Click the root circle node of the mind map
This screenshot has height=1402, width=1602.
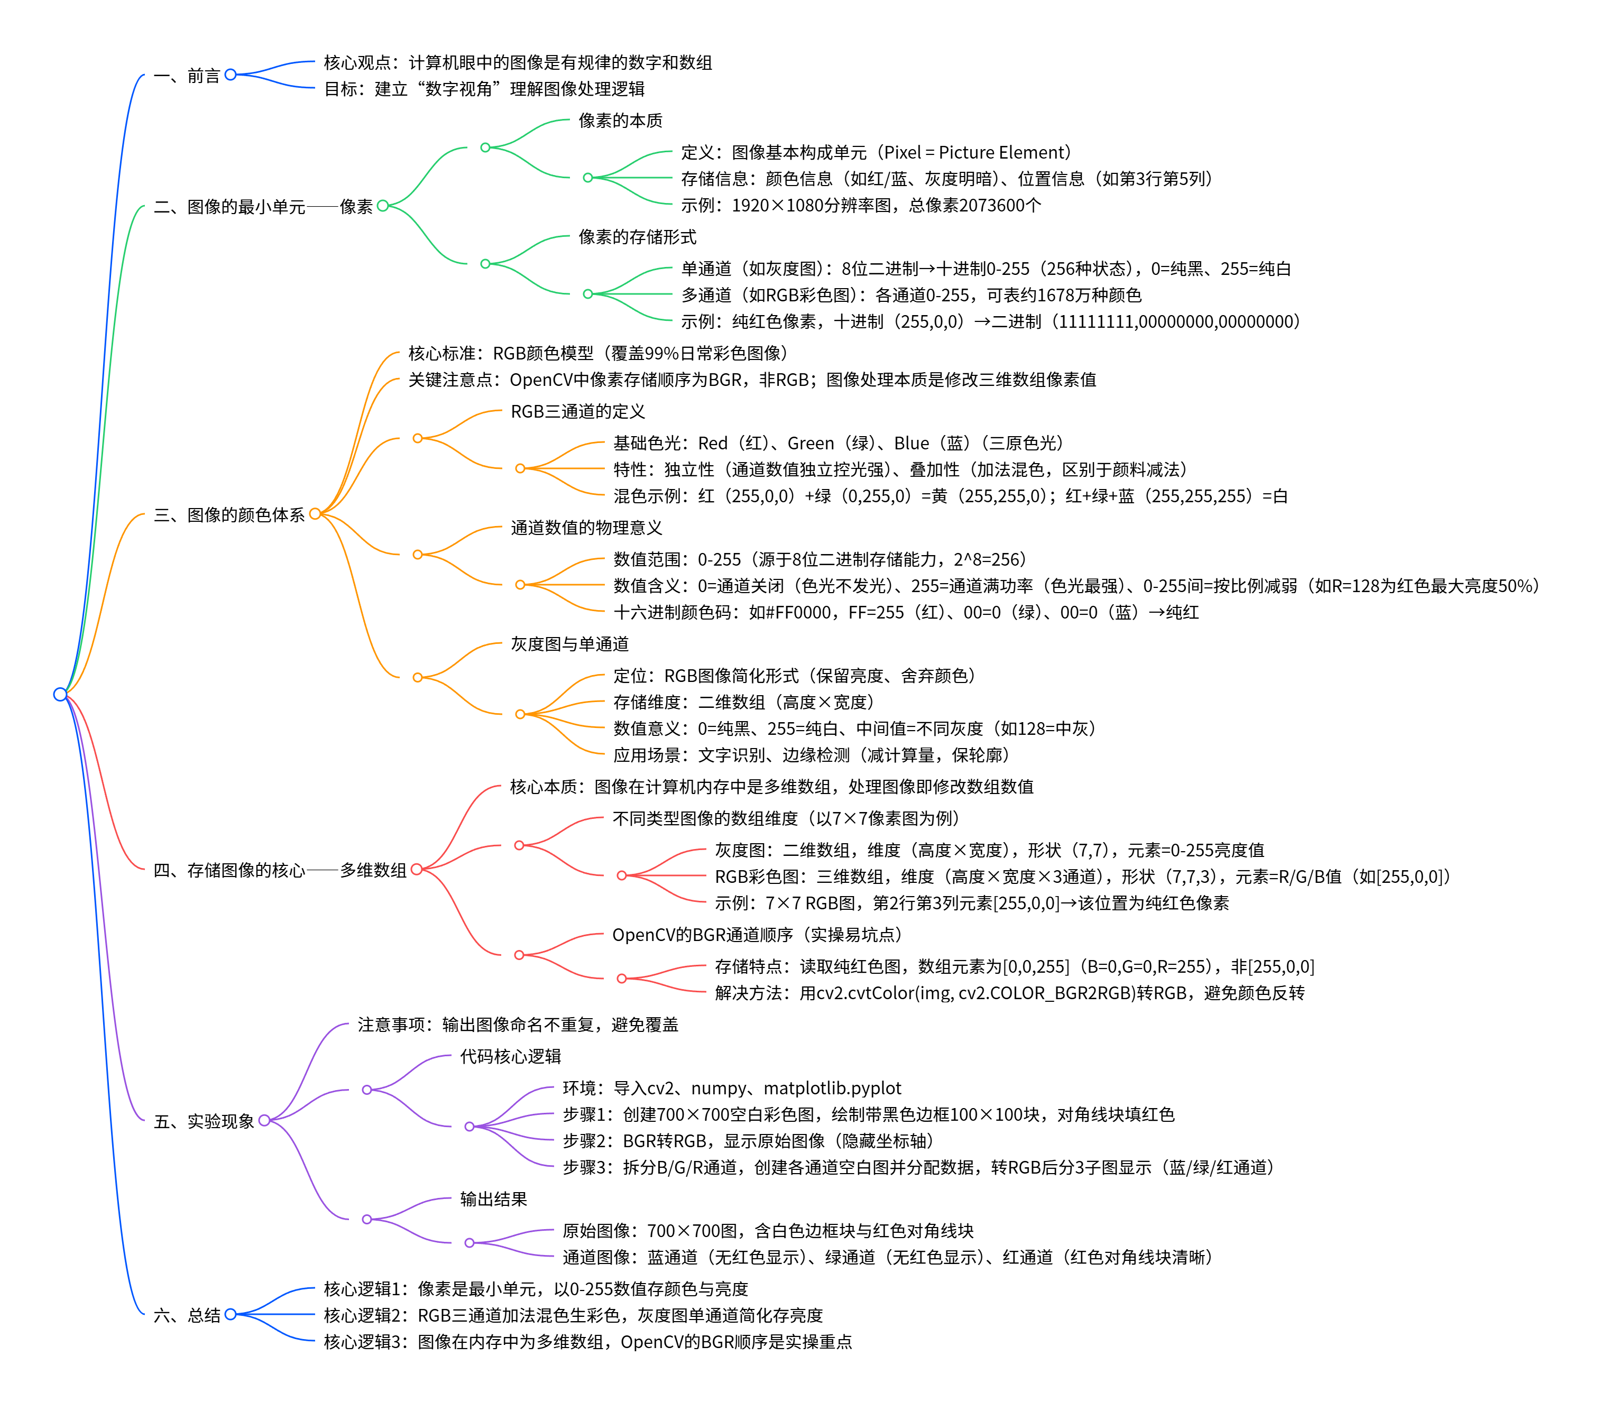[60, 694]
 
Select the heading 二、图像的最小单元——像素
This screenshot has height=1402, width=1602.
[263, 207]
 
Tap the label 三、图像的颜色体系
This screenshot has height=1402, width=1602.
[229, 515]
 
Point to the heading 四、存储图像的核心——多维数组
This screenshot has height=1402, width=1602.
[279, 870]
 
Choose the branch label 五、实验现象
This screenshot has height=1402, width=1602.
[204, 1121]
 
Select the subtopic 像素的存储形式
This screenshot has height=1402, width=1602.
[637, 237]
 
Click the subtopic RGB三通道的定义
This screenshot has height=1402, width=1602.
[577, 411]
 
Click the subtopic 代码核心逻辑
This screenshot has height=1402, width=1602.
[510, 1056]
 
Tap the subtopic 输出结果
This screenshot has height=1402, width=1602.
[493, 1198]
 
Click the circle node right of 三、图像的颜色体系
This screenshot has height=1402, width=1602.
[315, 514]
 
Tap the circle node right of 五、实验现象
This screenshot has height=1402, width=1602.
[264, 1120]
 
